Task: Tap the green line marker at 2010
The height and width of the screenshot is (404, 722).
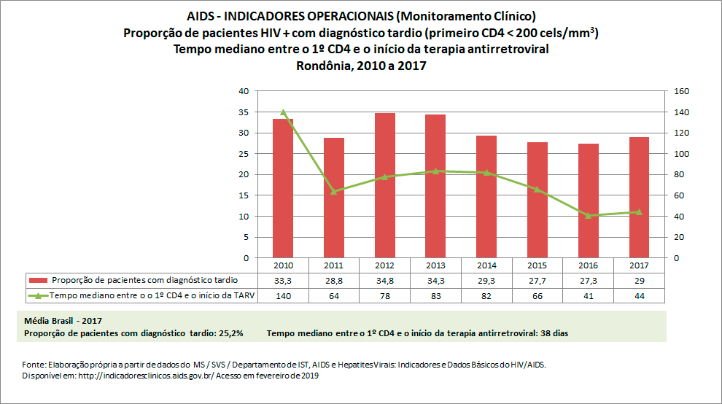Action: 283,112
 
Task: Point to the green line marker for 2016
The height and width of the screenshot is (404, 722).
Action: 588,215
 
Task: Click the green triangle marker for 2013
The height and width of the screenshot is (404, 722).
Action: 435,171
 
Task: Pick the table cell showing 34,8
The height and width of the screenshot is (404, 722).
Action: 384,280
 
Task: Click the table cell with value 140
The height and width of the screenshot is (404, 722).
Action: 283,295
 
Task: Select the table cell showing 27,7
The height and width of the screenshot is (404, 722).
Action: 537,280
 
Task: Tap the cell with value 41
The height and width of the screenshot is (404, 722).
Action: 588,295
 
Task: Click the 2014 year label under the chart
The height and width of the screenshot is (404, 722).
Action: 486,265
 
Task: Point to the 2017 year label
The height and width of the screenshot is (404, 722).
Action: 639,265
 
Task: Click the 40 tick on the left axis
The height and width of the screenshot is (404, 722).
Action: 244,91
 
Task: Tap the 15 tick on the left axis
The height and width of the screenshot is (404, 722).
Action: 244,195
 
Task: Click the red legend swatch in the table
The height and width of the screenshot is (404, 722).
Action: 38,280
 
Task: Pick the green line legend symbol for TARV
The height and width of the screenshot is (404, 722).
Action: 38,295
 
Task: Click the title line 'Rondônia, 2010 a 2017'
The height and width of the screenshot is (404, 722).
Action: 361,66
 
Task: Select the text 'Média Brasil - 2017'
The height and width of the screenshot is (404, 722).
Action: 63,321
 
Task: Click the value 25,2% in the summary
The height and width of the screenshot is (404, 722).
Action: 228,333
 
